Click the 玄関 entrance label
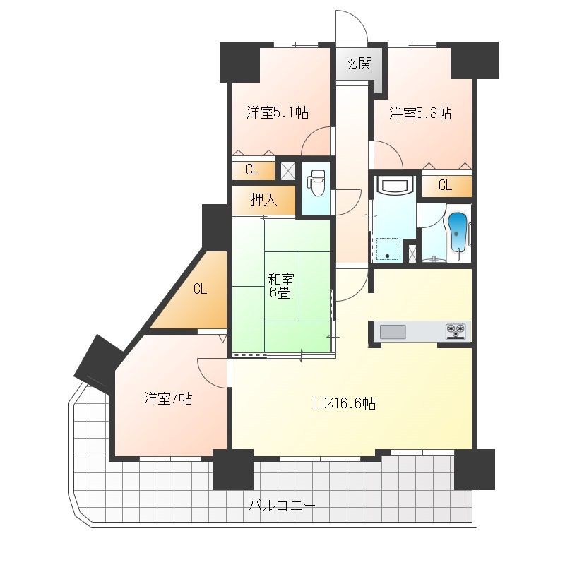point(359,64)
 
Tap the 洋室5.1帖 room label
point(278,113)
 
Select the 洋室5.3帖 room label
point(420,113)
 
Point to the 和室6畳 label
point(280,286)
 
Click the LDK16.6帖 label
point(344,403)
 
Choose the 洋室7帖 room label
point(168,398)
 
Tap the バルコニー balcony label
point(282,506)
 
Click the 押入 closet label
point(263,199)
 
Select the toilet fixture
point(316,182)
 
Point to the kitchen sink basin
point(393,332)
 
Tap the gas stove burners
point(456,331)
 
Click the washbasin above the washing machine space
point(395,186)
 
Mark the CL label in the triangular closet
point(200,289)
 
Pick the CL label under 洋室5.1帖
point(252,169)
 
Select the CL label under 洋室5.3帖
point(445,185)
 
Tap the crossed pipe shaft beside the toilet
point(288,171)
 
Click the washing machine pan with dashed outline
point(387,249)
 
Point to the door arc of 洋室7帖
point(206,379)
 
